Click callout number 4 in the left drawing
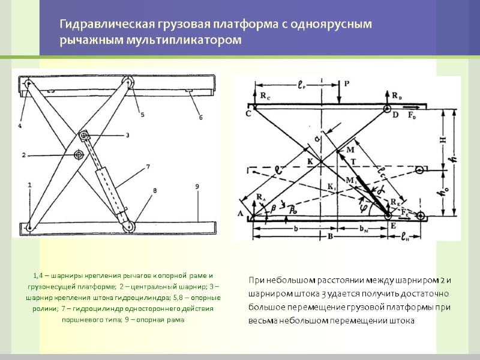tap(20, 127)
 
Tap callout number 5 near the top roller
tap(142, 115)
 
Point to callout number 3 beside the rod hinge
tap(127, 136)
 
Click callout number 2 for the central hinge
tap(24, 155)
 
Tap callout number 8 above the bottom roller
tap(155, 191)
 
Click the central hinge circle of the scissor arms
tap(79, 155)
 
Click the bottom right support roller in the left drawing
tap(129, 226)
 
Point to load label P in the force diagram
tap(347, 84)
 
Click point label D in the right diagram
tap(395, 115)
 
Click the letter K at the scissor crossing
tap(310, 161)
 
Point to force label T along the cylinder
tap(354, 162)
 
